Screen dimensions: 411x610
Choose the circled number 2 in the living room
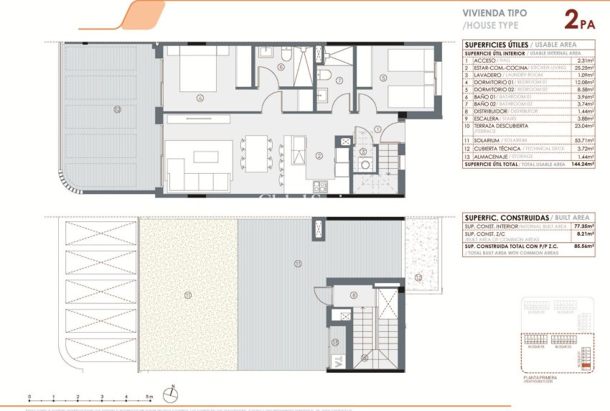pos(317,154)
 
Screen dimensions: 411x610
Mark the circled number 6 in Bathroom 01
pos(281,68)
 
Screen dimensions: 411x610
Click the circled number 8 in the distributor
pos(353,295)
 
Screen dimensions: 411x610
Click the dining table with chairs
pos(256,154)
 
